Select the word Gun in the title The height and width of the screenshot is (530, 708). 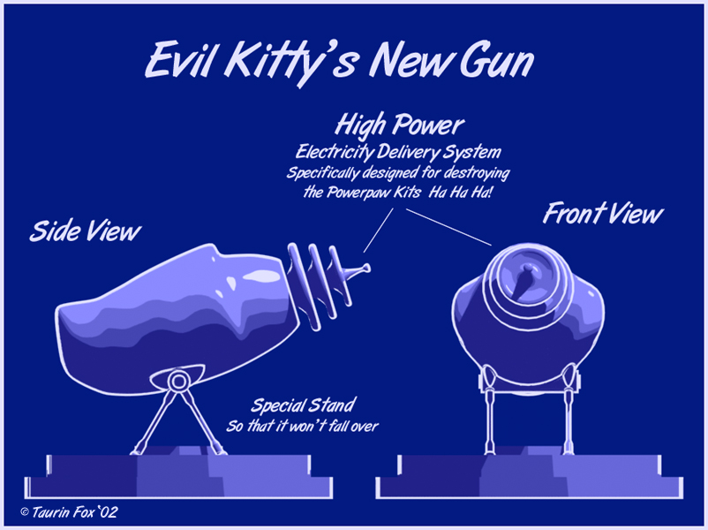click(497, 61)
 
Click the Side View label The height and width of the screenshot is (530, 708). click(86, 231)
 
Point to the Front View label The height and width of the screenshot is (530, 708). click(603, 214)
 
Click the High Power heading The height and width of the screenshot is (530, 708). click(400, 125)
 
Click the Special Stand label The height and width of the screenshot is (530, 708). click(304, 405)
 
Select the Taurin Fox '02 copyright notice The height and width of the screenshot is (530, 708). click(69, 512)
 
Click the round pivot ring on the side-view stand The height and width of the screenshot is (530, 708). click(179, 382)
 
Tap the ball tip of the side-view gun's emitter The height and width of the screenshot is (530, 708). click(366, 269)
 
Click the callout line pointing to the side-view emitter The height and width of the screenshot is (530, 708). click(379, 230)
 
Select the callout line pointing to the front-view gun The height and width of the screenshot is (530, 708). click(448, 227)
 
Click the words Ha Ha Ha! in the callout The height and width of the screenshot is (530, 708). click(460, 193)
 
